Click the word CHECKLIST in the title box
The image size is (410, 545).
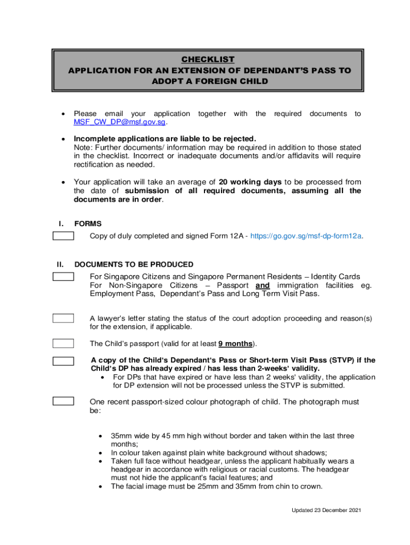[207, 59]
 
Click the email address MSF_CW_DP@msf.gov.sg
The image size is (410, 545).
[120, 122]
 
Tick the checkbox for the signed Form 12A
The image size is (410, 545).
[63, 236]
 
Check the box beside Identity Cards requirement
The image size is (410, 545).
[63, 276]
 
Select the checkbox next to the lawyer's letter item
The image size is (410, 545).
[63, 318]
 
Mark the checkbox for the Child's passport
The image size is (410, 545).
[63, 343]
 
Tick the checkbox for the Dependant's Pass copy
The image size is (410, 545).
[63, 360]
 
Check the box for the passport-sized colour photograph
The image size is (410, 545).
[63, 401]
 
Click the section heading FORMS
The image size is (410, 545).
[88, 224]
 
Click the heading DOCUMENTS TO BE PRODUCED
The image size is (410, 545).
[134, 265]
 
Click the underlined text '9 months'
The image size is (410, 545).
[235, 344]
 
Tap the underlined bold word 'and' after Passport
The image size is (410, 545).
[263, 285]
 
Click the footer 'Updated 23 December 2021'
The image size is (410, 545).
[326, 510]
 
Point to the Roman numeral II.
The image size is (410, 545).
[60, 265]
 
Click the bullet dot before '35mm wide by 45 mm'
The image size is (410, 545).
[101, 436]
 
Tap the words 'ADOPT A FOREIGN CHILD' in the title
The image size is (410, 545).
[207, 81]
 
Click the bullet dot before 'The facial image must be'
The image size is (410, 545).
[101, 486]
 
